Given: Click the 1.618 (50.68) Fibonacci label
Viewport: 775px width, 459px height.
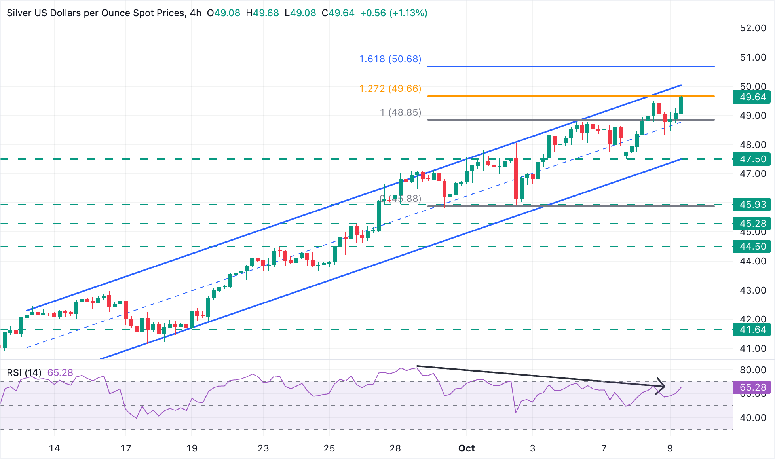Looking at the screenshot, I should coord(390,59).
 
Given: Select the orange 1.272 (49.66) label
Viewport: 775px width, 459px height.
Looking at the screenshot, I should coord(390,89).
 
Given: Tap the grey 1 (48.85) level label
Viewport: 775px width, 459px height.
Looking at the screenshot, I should coord(400,112).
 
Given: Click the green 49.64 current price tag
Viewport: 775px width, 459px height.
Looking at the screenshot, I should coord(752,97).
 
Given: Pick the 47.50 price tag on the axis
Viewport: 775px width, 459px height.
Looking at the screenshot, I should coord(752,159).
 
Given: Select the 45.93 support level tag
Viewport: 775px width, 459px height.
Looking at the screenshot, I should coord(752,205).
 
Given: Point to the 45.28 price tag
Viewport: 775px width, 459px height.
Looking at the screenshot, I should coord(752,224).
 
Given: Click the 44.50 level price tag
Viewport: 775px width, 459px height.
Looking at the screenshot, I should coord(752,247).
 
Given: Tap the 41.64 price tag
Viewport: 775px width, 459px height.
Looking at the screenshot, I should coord(752,330).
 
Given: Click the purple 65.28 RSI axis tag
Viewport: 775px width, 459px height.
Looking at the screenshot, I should coord(752,387).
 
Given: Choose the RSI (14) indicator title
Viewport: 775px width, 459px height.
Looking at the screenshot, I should coord(24,373).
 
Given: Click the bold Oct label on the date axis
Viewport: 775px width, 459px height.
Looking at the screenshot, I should coord(466,448).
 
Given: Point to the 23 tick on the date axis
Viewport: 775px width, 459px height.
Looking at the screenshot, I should coord(263,448).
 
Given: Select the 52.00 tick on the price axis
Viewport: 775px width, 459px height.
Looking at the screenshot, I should coord(753,28).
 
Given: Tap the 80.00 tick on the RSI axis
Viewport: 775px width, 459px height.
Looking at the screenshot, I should coord(753,370).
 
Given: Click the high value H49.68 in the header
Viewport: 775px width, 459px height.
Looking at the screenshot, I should coord(262,13).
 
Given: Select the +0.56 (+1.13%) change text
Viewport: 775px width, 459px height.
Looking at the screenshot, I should coord(393,13).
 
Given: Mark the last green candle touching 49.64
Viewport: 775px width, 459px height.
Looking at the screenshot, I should coord(681,105).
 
